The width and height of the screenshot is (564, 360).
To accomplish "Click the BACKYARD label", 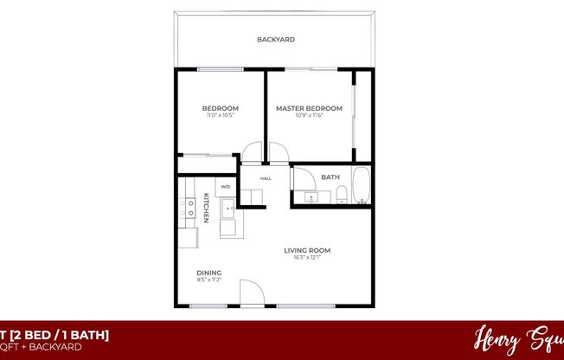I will tap(276, 40).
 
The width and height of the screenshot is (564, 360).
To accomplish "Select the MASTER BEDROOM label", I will tap(309, 108).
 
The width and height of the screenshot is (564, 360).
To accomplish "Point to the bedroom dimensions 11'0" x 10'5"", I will tap(219, 115).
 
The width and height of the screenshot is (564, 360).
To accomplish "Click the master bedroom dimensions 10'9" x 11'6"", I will tap(309, 115).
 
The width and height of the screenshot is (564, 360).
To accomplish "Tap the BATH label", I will tap(330, 177).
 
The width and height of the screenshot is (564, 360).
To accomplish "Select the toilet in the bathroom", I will tap(342, 194).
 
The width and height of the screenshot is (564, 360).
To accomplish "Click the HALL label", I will tap(266, 178).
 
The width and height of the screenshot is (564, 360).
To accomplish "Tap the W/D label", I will tap(225, 186).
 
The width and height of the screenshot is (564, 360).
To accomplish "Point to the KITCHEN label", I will tap(207, 208).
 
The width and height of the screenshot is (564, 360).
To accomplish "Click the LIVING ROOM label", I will tap(307, 251).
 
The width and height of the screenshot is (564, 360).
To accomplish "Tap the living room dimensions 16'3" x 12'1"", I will tap(307, 258).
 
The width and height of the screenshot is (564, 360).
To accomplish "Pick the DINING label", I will tap(208, 273).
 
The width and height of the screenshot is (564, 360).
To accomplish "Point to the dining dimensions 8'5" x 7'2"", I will tap(208, 280).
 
